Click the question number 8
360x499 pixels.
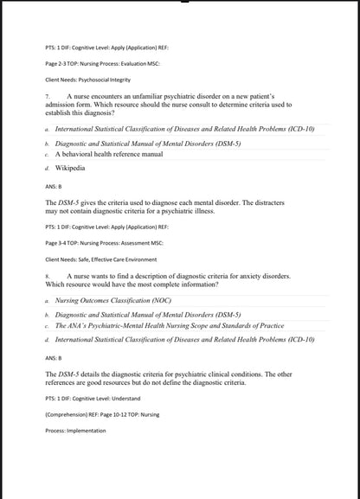tap(47, 276)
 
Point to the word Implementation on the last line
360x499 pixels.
tap(85, 430)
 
